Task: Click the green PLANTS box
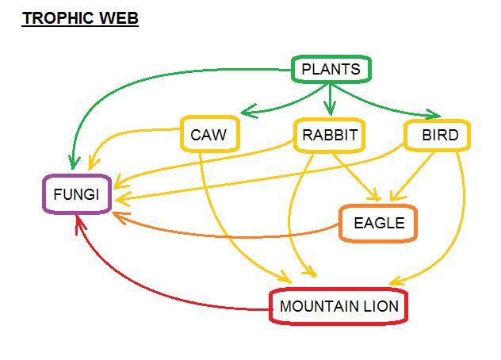[331, 69]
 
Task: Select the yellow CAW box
[208, 135]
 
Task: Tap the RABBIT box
[330, 135]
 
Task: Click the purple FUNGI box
[76, 194]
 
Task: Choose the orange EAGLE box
[378, 223]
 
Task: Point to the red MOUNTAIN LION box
[338, 306]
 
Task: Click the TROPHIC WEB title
[80, 18]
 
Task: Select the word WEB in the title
[119, 18]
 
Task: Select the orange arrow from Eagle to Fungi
[230, 234]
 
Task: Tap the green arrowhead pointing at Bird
[432, 115]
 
